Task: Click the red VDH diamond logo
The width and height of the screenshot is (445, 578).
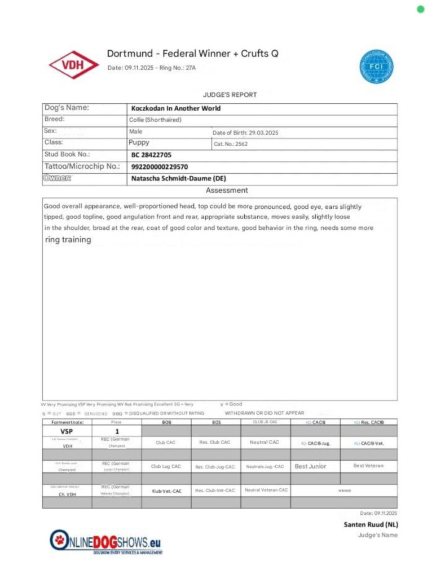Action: coord(74,65)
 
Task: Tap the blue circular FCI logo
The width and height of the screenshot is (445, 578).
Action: coord(376,67)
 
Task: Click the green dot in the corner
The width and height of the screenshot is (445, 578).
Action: coord(420,9)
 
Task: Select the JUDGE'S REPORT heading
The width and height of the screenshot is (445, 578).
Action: coord(230,95)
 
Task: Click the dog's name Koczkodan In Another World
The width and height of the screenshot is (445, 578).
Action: coord(176,108)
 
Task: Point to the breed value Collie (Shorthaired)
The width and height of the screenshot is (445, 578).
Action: coord(155,120)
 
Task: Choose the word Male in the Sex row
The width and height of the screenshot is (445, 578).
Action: coord(136,132)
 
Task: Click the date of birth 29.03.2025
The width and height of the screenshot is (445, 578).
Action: coord(265,133)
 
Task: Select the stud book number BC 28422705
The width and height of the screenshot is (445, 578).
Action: coord(152,155)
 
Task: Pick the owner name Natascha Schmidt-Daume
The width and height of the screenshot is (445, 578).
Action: coord(178,178)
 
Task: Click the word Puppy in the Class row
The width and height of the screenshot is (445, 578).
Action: coord(139,143)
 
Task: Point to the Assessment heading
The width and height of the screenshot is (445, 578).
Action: coord(227,191)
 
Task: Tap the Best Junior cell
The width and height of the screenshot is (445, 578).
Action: coord(310,467)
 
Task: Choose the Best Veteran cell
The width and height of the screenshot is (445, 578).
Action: coord(368,466)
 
